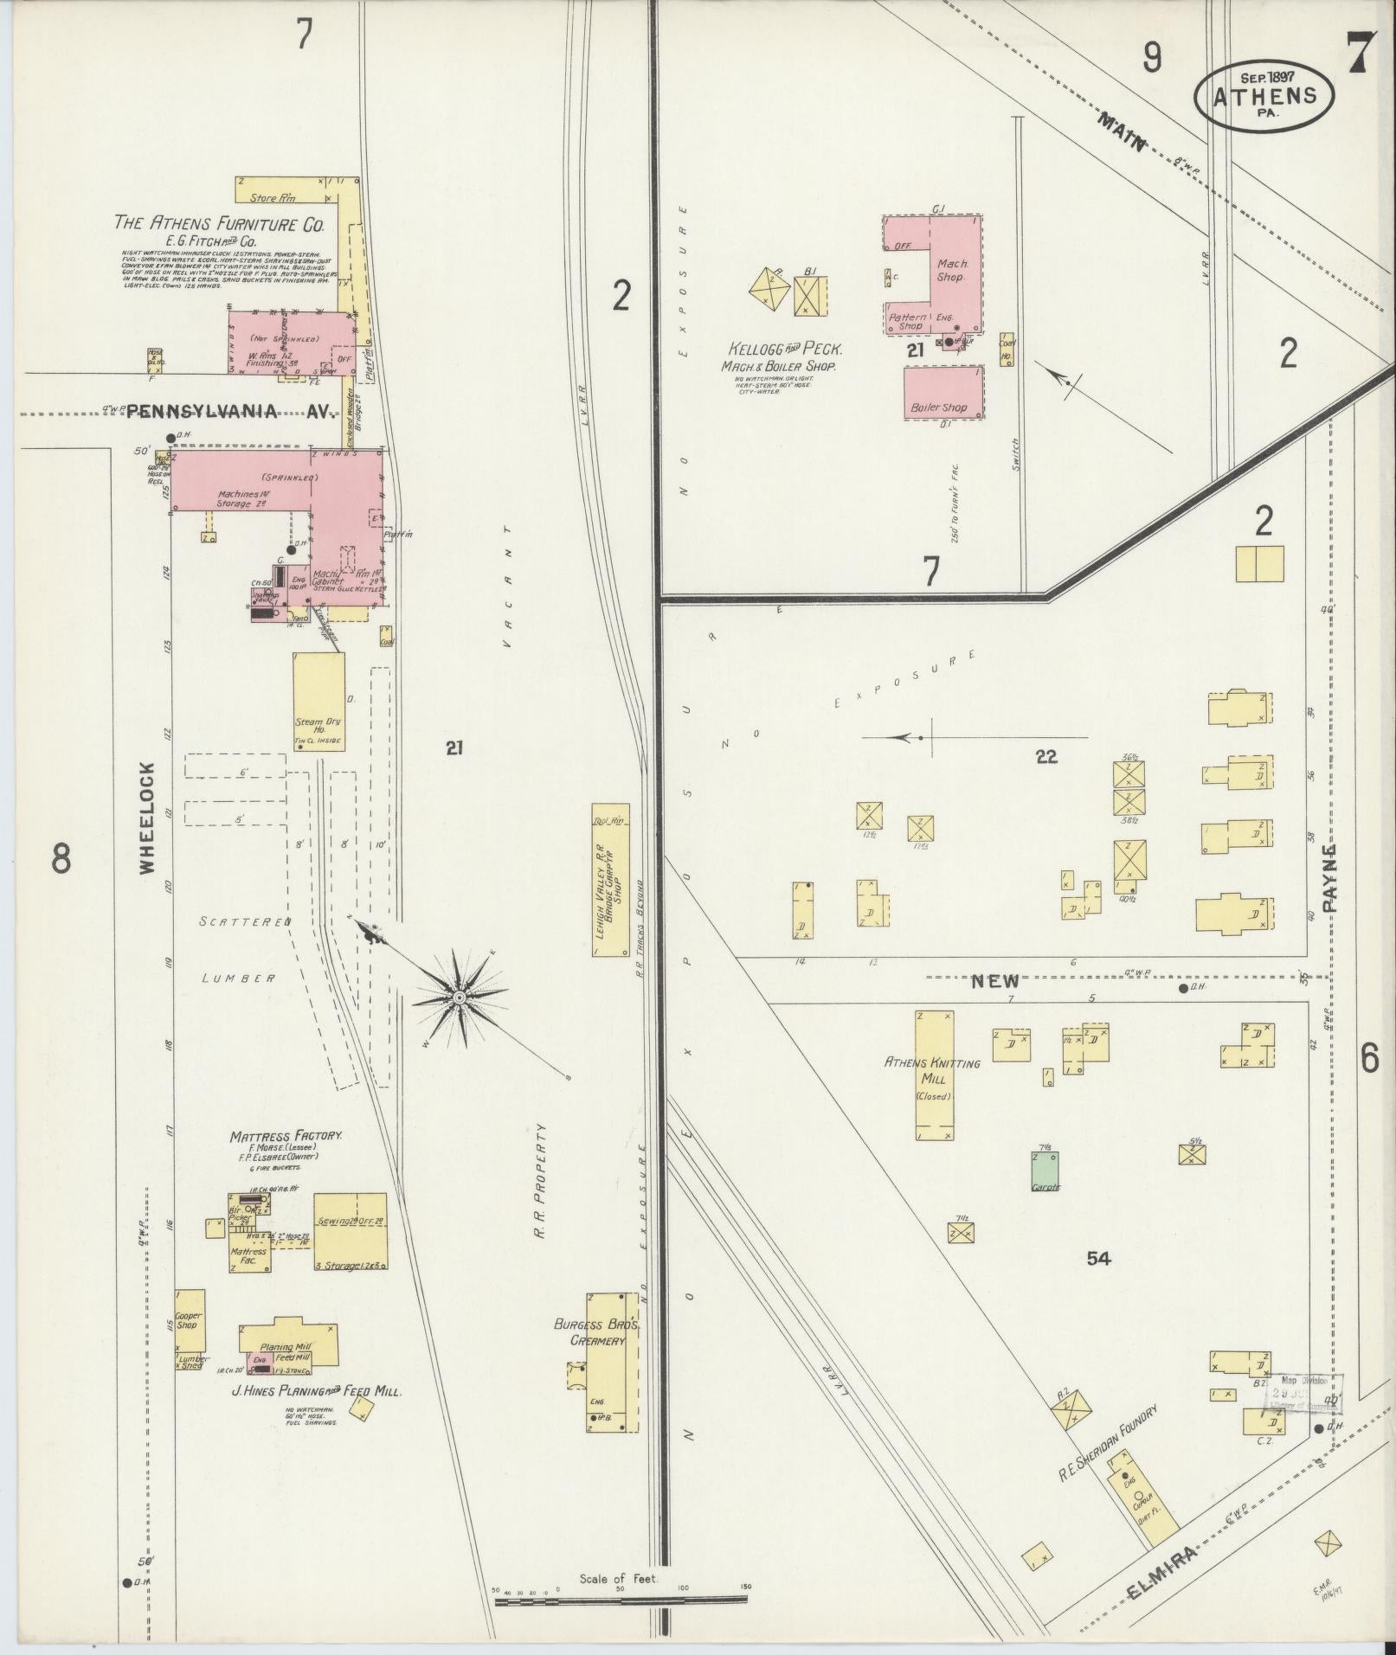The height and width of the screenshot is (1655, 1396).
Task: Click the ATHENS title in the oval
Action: coord(1264,96)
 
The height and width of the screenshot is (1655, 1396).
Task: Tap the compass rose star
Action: coord(460,998)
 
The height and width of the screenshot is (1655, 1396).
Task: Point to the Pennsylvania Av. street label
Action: coord(230,413)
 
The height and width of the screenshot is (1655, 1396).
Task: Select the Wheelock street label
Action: coord(146,818)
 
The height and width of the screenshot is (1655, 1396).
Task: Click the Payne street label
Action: coord(1329,879)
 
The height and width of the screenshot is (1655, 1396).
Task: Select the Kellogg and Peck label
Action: coord(784,350)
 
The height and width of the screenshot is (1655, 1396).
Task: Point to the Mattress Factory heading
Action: coord(286,1135)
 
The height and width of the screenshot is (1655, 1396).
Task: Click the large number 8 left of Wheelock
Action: coord(61,860)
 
